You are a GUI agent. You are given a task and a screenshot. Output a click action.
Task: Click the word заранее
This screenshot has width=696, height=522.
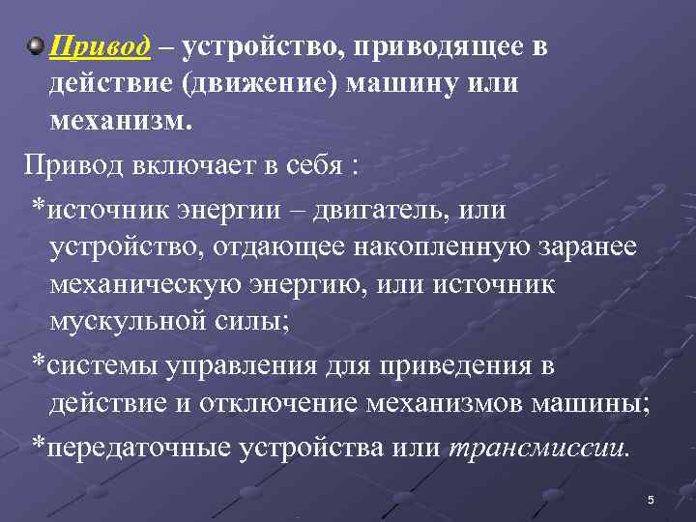click(589, 247)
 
